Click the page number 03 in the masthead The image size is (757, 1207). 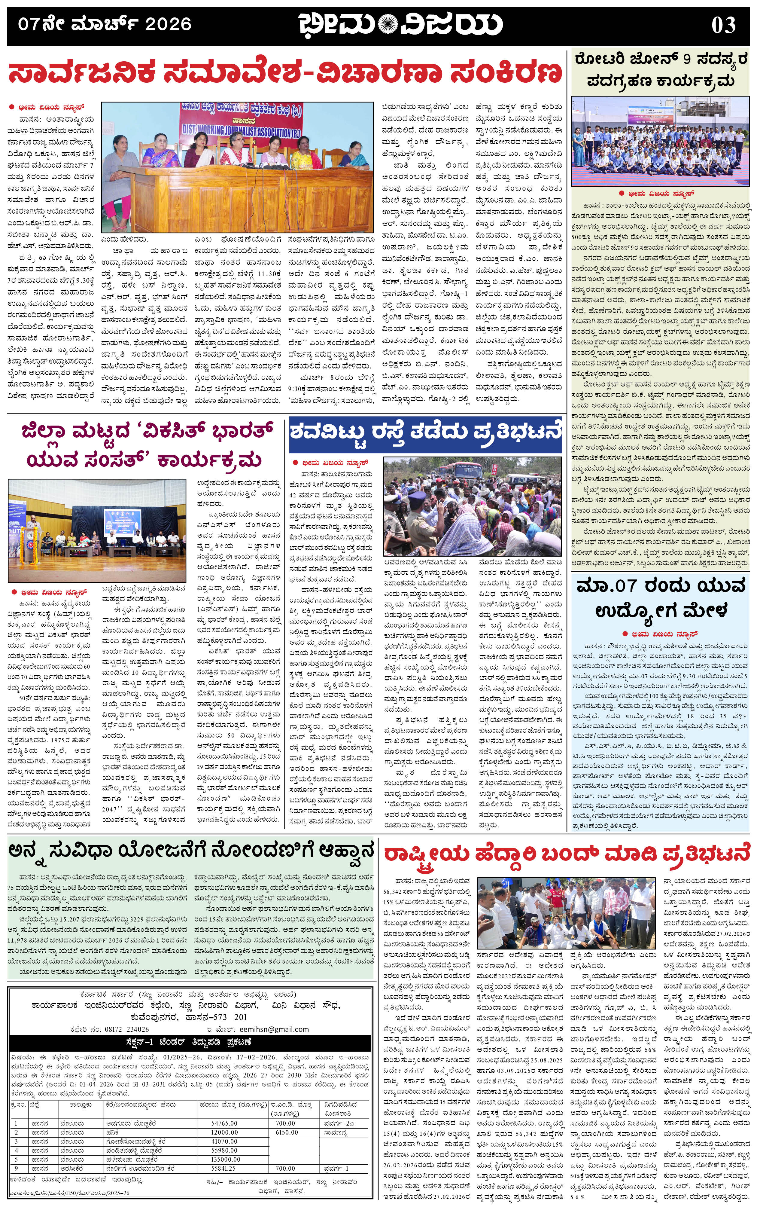pos(723,24)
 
